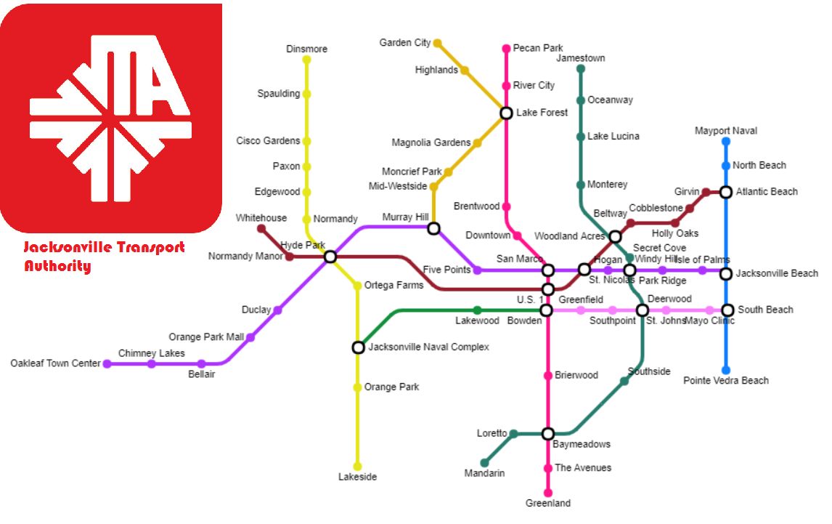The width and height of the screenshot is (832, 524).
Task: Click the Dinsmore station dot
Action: click(x=306, y=60)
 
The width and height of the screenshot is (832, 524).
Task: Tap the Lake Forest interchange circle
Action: click(x=506, y=113)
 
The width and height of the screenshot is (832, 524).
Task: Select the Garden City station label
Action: click(x=405, y=43)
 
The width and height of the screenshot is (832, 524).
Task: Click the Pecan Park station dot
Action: click(x=506, y=49)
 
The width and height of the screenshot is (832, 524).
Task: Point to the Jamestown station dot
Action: click(x=580, y=69)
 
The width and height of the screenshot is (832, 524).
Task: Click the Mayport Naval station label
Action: click(x=725, y=131)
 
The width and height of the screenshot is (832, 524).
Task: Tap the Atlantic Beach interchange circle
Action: click(x=725, y=192)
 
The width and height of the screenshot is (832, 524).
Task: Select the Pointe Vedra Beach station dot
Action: click(x=725, y=370)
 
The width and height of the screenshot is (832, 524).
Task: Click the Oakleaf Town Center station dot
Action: click(x=107, y=363)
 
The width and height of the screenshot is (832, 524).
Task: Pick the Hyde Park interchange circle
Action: click(x=330, y=257)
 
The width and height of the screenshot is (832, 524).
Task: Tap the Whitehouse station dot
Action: click(x=261, y=229)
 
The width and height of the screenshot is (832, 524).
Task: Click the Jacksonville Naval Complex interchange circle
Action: click(x=357, y=347)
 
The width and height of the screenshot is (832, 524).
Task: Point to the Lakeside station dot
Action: click(x=357, y=467)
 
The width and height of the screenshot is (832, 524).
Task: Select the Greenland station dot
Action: click(x=548, y=493)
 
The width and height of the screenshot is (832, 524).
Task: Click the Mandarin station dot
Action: click(x=484, y=463)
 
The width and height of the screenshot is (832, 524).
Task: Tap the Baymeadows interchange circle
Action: click(x=548, y=434)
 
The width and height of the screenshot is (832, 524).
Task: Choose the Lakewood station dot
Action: click(x=477, y=310)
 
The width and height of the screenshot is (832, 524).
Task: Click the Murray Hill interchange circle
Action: click(x=433, y=229)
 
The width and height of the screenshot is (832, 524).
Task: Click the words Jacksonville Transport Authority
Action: click(x=104, y=257)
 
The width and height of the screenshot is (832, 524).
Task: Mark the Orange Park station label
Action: click(x=391, y=387)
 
